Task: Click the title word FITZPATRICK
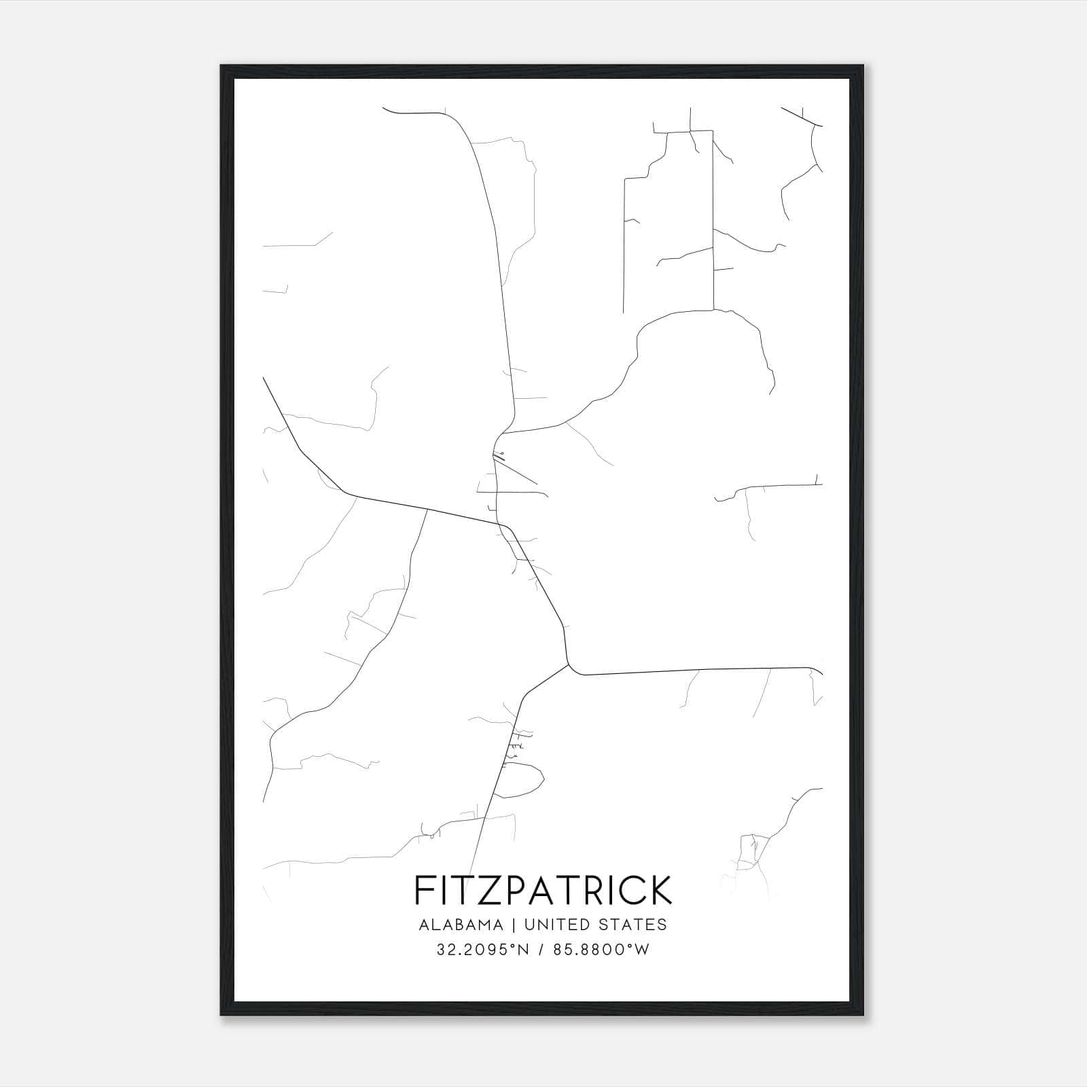(543, 890)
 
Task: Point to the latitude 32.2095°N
(482, 950)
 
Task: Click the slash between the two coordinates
(540, 950)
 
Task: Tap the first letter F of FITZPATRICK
(423, 890)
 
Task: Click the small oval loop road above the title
(520, 779)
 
